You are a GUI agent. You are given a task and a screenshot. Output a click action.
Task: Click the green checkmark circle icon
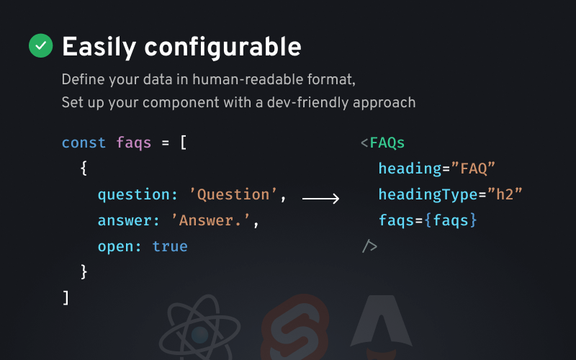41,45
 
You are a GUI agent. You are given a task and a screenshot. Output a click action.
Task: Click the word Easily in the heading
99,47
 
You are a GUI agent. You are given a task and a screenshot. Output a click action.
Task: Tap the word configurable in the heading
222,47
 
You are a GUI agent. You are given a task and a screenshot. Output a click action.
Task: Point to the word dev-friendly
308,102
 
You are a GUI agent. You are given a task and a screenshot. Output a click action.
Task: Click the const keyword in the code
84,143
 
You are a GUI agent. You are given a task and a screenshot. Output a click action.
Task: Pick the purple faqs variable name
134,143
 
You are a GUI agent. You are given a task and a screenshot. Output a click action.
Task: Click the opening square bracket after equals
184,143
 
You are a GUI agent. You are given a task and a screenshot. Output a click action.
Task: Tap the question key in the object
134,194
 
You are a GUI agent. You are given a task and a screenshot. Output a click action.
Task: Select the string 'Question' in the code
233,194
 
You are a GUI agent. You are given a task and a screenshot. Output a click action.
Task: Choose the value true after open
170,246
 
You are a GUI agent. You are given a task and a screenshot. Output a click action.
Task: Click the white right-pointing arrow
320,199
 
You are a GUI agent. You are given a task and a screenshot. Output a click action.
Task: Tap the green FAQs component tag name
387,143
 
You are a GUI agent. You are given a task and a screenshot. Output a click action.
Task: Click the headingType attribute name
428,194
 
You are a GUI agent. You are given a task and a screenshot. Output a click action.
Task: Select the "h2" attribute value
505,194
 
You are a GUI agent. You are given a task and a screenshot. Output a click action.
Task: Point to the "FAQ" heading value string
473,168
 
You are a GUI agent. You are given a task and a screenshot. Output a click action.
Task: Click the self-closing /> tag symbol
369,246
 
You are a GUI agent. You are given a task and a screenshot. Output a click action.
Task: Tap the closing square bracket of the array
66,297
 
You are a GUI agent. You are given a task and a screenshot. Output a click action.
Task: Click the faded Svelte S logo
295,328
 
